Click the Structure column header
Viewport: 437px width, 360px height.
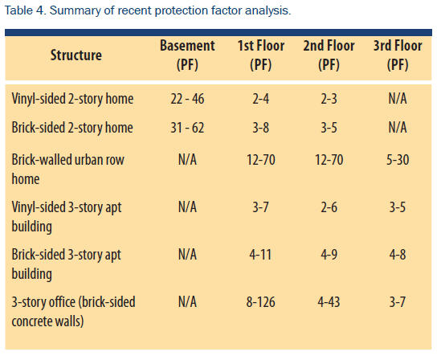[76, 55]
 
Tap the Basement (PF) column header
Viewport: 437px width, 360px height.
[187, 55]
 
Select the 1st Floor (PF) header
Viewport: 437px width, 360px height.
[261, 55]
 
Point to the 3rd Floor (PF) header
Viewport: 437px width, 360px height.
[398, 55]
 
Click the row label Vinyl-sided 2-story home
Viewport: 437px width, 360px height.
[72, 99]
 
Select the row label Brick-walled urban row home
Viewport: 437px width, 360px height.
[67, 169]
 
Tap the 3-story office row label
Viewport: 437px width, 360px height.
[73, 311]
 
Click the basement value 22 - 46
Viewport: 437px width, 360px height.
[187, 99]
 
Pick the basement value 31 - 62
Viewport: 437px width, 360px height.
[187, 128]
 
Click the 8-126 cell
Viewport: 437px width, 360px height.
[260, 302]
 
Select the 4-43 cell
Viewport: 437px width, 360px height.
[329, 302]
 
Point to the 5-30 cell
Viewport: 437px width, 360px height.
[398, 160]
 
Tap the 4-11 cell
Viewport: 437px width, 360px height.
[260, 255]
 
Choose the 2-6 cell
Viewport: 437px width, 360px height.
[329, 207]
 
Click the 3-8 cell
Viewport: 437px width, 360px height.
[261, 128]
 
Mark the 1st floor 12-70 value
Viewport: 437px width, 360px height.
[261, 160]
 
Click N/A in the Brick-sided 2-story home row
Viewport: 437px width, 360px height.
[398, 128]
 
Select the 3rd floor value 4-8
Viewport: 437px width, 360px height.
[398, 255]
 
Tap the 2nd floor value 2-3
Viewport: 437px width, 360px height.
[329, 99]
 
